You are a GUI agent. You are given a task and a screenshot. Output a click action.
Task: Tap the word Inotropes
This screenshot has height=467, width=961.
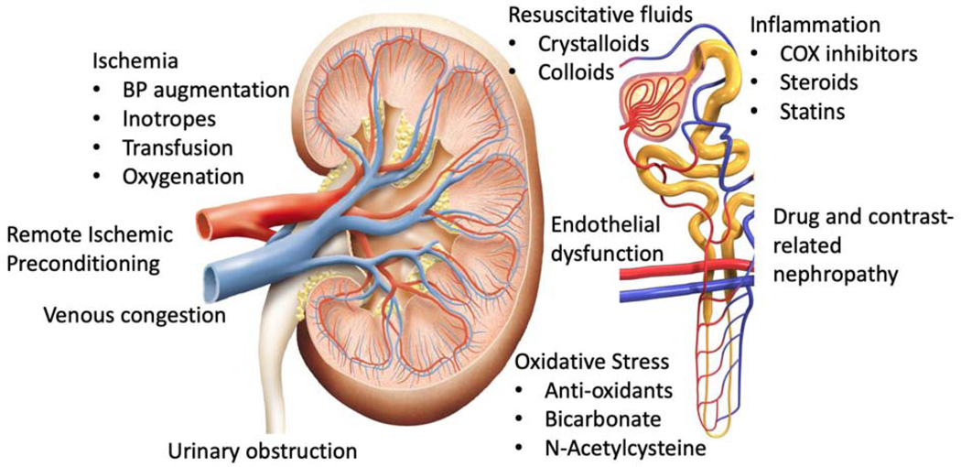(x=168, y=118)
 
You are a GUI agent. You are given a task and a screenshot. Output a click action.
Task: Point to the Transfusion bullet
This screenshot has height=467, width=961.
(x=177, y=147)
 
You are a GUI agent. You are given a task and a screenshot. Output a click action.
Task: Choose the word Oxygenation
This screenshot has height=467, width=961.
(x=182, y=175)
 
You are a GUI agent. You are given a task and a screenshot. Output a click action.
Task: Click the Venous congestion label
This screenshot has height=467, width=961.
(x=135, y=317)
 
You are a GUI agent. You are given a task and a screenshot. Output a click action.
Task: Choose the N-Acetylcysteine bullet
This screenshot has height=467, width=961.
(x=623, y=449)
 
